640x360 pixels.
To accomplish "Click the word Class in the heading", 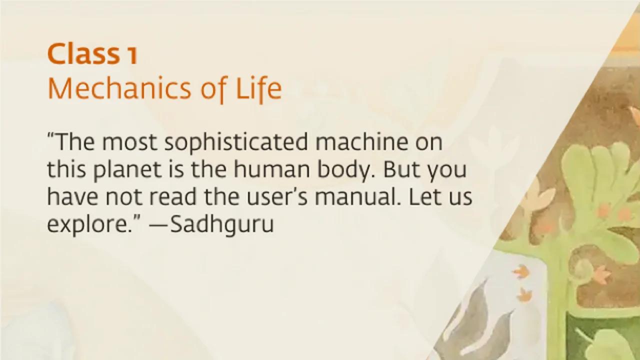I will pyautogui.click(x=83, y=55).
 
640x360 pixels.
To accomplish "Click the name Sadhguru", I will pyautogui.click(x=222, y=225).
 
